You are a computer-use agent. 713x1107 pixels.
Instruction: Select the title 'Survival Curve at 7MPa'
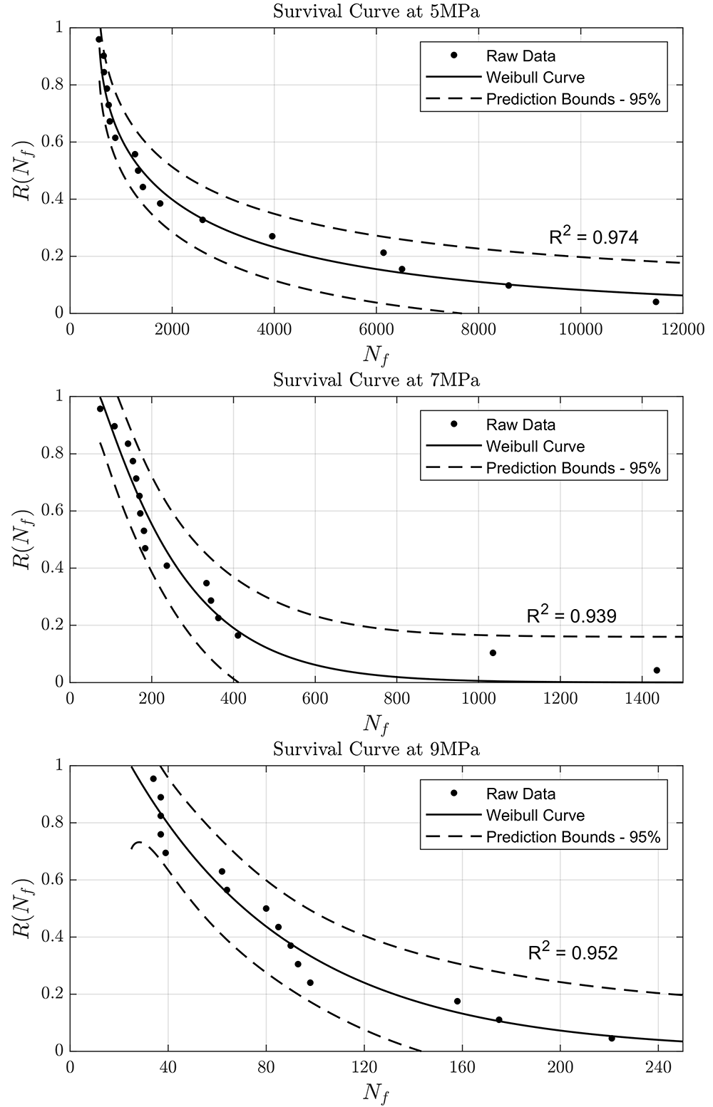[376, 380]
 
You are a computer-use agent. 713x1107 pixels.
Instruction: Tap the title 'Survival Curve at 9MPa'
[376, 749]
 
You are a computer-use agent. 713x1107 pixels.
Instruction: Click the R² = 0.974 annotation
[594, 236]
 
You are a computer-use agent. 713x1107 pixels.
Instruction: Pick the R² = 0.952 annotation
[573, 951]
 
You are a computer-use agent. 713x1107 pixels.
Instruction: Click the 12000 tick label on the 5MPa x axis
[682, 329]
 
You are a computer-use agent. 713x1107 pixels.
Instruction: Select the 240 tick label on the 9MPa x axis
[658, 1067]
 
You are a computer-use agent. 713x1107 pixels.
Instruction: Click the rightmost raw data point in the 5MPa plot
[656, 302]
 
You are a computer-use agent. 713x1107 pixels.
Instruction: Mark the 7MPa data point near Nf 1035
[493, 653]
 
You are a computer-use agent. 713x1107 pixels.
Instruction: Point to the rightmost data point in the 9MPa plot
[612, 1039]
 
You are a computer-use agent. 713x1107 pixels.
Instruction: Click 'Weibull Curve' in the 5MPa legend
[535, 78]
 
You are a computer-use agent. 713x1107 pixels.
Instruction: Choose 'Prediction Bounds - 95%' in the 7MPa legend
[573, 468]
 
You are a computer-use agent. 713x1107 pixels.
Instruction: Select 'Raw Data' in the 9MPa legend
[521, 794]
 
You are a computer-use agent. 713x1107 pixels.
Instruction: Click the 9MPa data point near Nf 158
[457, 1002]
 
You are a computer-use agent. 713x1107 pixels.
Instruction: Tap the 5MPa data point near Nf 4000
[272, 237]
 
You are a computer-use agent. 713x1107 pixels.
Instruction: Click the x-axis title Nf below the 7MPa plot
[376, 725]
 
